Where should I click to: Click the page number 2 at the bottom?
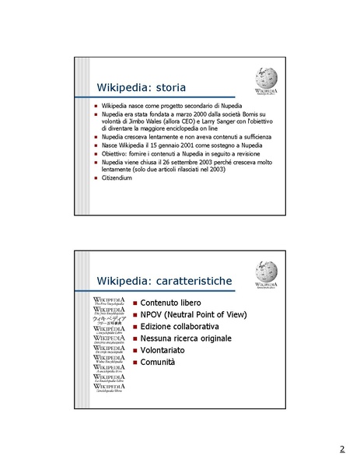[x=341, y=450]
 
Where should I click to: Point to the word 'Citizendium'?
[x=117, y=178]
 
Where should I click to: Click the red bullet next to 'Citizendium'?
[x=96, y=178]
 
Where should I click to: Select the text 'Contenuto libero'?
[x=171, y=302]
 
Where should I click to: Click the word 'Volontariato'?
[x=163, y=350]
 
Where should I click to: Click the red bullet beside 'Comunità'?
[x=135, y=363]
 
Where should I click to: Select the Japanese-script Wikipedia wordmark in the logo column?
[x=109, y=320]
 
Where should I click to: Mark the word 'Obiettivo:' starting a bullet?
[x=116, y=153]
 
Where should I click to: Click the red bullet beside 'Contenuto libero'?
[x=135, y=302]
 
